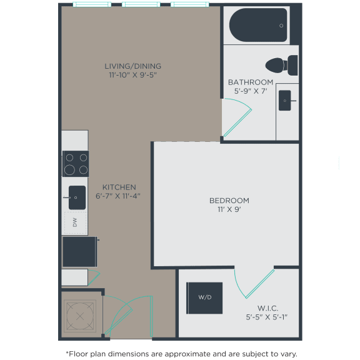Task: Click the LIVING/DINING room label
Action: coord(132,66)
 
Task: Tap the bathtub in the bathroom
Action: coord(258,25)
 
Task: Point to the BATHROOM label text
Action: coord(250,82)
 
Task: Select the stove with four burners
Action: coord(76,164)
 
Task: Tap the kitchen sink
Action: coord(77,197)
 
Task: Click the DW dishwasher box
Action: coord(75,222)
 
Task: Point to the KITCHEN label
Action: coord(119,187)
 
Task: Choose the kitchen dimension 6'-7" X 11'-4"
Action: coord(118,196)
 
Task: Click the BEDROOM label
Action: coord(229,201)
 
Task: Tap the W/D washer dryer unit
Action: coord(205,297)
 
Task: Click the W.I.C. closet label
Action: coord(267,307)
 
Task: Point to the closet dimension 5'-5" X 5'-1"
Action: coord(267,317)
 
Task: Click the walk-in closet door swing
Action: coord(253,284)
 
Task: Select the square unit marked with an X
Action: coord(79,316)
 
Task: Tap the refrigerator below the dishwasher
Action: coord(79,251)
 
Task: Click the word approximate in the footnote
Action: coord(193,353)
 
